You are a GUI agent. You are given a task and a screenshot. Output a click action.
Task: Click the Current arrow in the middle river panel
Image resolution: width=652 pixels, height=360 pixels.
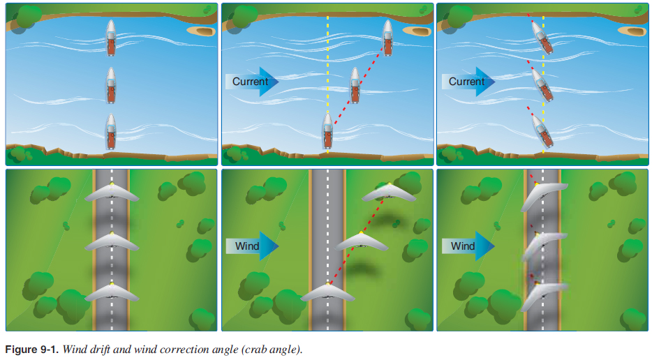pyautogui.click(x=251, y=82)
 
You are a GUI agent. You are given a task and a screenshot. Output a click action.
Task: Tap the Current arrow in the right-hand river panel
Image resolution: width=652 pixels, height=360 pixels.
pyautogui.click(x=468, y=82)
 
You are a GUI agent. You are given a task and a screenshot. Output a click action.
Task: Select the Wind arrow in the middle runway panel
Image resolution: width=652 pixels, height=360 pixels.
pyautogui.click(x=251, y=246)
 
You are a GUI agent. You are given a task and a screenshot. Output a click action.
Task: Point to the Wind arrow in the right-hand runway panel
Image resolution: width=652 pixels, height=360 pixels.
pyautogui.click(x=468, y=246)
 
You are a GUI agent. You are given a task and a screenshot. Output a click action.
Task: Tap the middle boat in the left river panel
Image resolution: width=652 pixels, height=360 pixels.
pyautogui.click(x=111, y=85)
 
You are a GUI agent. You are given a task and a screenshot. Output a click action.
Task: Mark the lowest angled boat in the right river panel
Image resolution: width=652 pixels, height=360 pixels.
pyautogui.click(x=540, y=129)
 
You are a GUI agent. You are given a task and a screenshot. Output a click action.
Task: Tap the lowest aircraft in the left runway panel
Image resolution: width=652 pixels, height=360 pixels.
pyautogui.click(x=112, y=293)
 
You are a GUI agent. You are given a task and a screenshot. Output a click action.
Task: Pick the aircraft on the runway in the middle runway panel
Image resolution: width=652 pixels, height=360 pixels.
pyautogui.click(x=327, y=294)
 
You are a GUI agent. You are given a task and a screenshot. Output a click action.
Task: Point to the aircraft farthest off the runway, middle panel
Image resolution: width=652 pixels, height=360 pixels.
pyautogui.click(x=389, y=194)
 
